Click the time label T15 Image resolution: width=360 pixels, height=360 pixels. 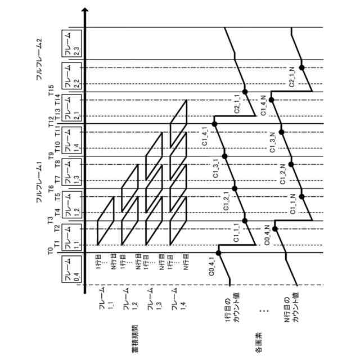(51, 90)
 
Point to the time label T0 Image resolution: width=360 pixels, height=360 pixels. (51, 251)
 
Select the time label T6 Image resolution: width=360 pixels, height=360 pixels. (51, 188)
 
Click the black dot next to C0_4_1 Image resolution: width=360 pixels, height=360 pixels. (219, 253)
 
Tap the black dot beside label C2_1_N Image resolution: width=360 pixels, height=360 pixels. (301, 67)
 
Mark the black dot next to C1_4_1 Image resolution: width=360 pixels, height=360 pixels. (214, 124)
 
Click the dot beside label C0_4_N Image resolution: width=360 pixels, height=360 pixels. (275, 228)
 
